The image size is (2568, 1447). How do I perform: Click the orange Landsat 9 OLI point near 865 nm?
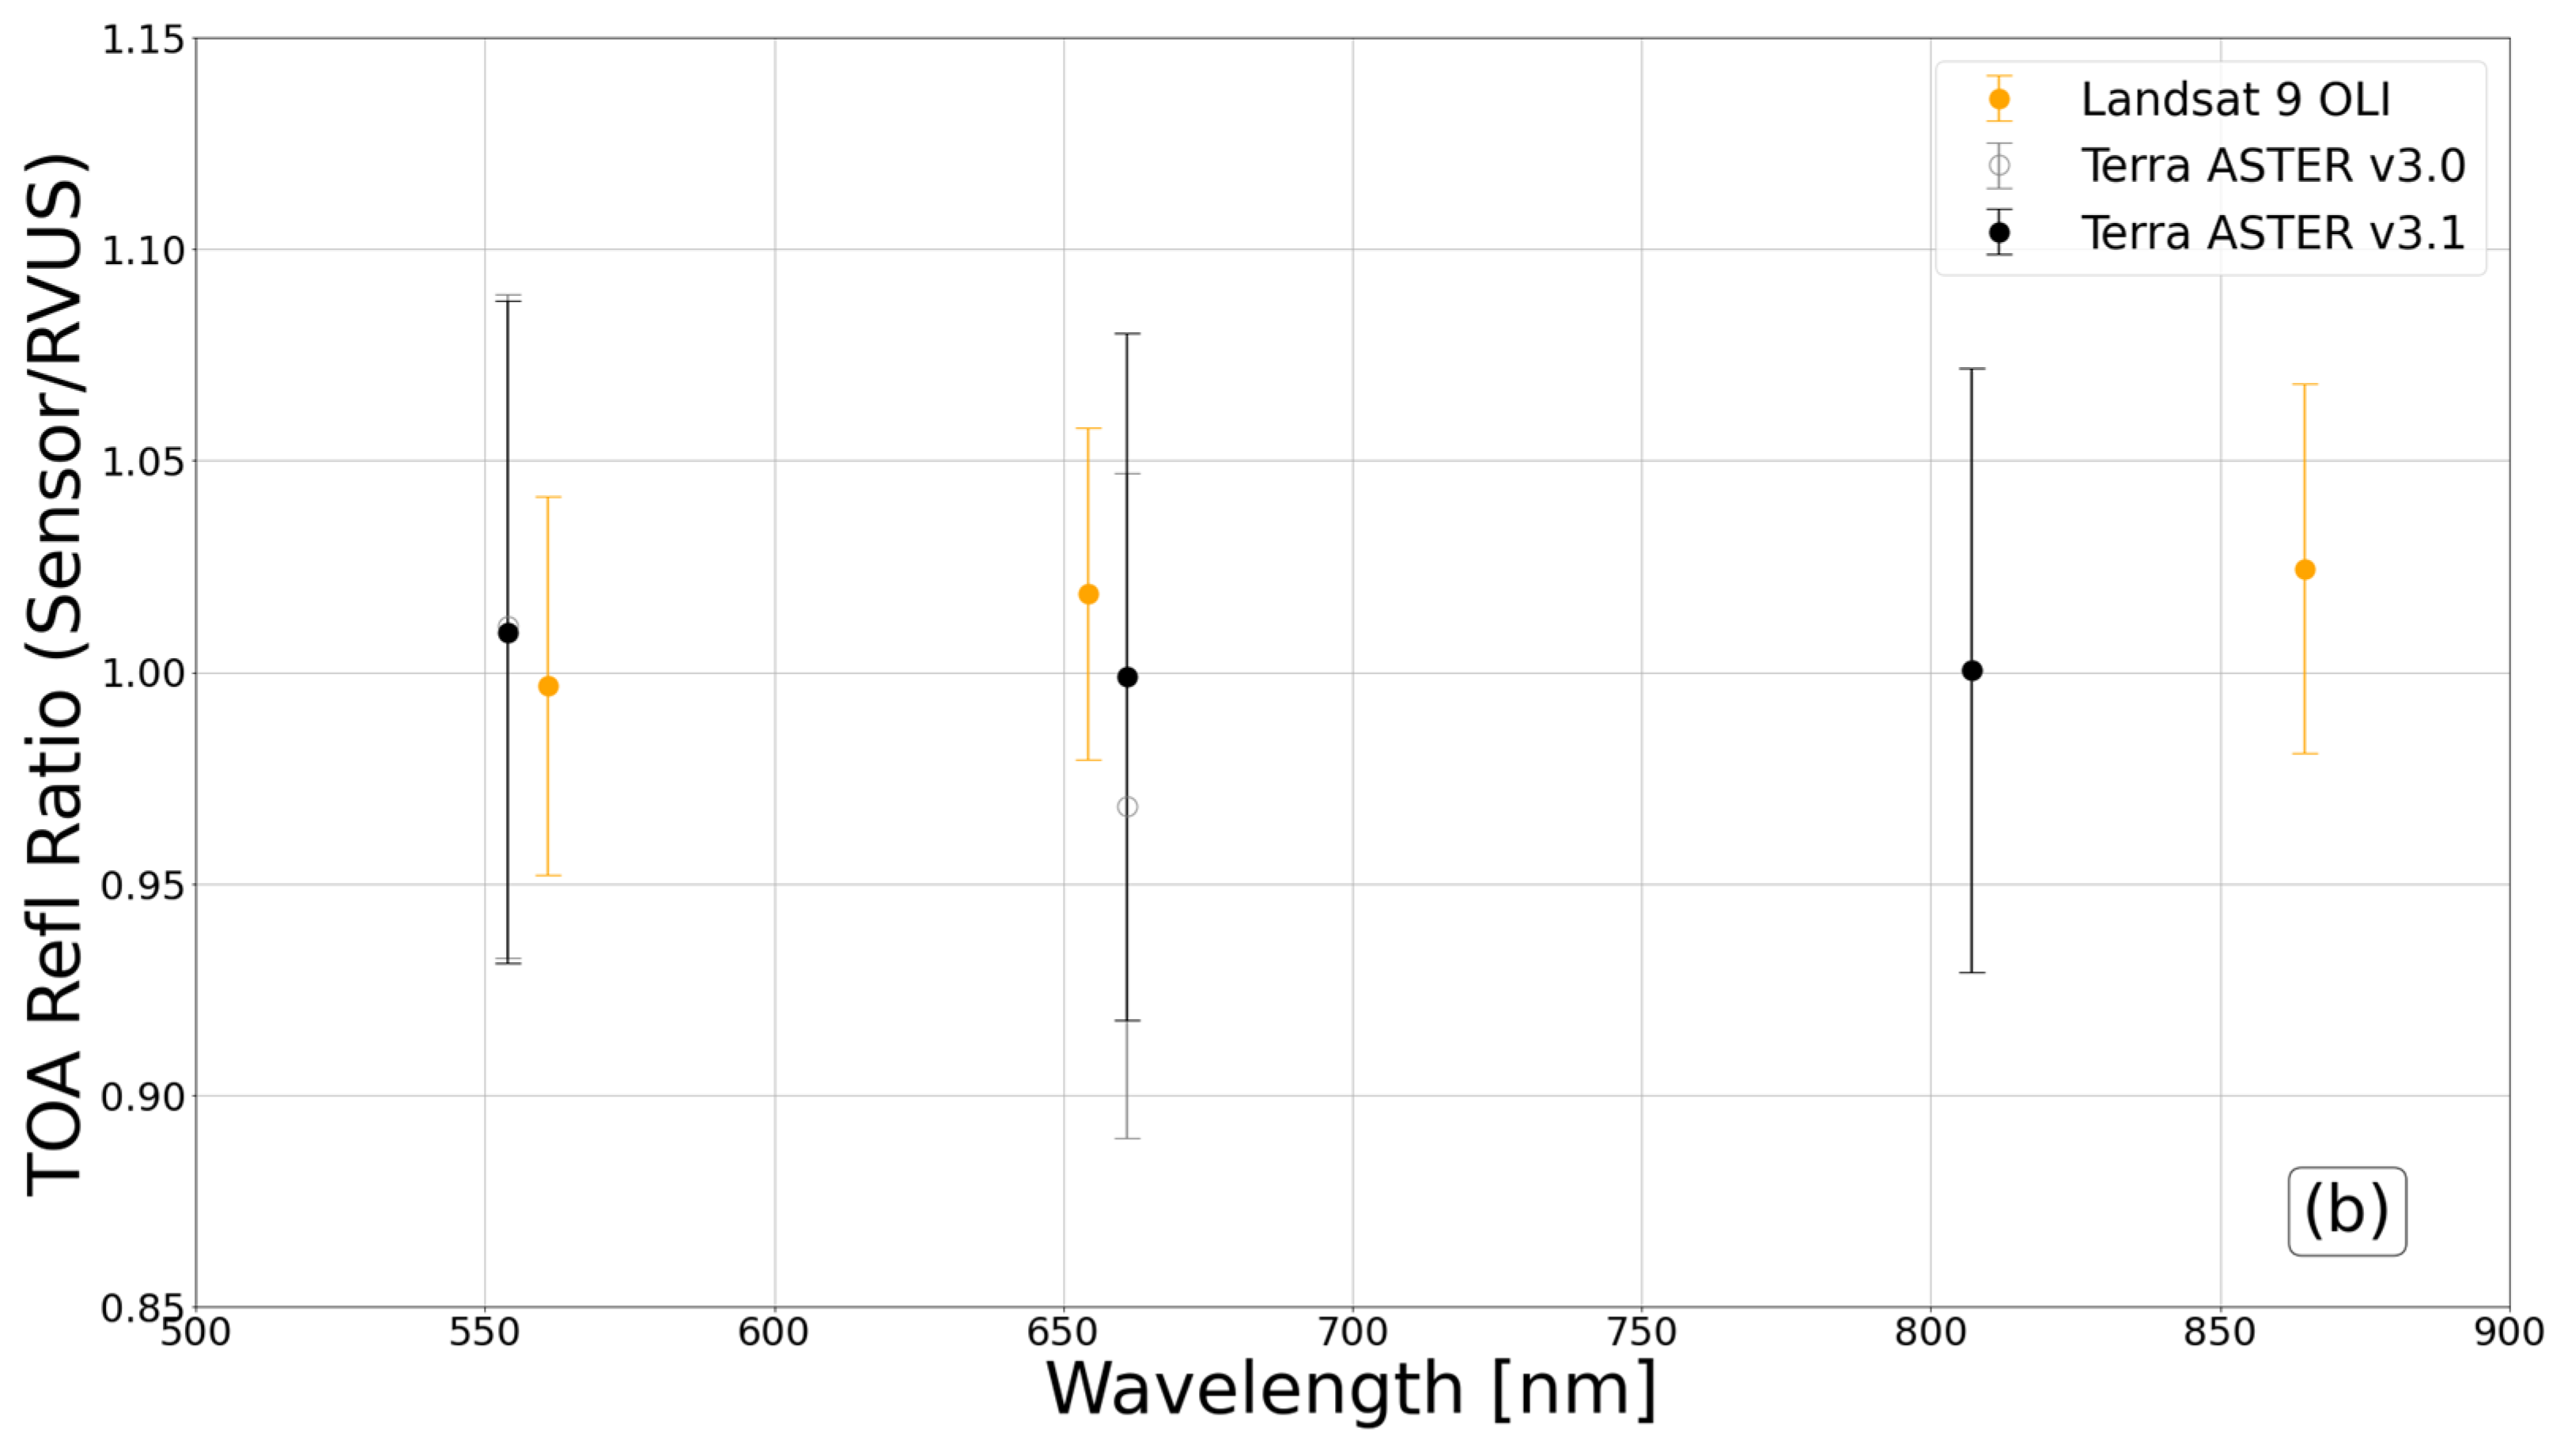click(2304, 570)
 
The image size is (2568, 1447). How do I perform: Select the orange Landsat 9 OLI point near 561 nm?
click(548, 686)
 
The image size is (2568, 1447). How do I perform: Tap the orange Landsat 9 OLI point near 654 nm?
click(1088, 594)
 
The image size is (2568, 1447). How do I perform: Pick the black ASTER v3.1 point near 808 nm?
click(1972, 671)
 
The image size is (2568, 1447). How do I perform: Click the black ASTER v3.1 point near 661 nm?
click(1128, 677)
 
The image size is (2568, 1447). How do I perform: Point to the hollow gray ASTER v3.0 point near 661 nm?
click(1128, 807)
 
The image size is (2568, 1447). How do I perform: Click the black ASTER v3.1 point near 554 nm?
click(509, 632)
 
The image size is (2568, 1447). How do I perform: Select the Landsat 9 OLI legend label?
click(2235, 99)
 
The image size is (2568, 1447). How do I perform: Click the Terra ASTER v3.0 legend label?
click(2273, 165)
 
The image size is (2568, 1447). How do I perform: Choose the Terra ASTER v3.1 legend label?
click(2273, 233)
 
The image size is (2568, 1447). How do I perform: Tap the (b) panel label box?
click(2347, 1210)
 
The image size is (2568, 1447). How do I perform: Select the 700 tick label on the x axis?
click(1352, 1332)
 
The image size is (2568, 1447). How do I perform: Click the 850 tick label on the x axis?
click(2220, 1332)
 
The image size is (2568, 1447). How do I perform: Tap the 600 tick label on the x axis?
click(773, 1332)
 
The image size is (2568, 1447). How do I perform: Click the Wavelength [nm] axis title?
click(1351, 1390)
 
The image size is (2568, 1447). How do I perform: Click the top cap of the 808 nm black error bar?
click(1972, 369)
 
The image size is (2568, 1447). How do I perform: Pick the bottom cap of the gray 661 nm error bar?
click(1128, 1138)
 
